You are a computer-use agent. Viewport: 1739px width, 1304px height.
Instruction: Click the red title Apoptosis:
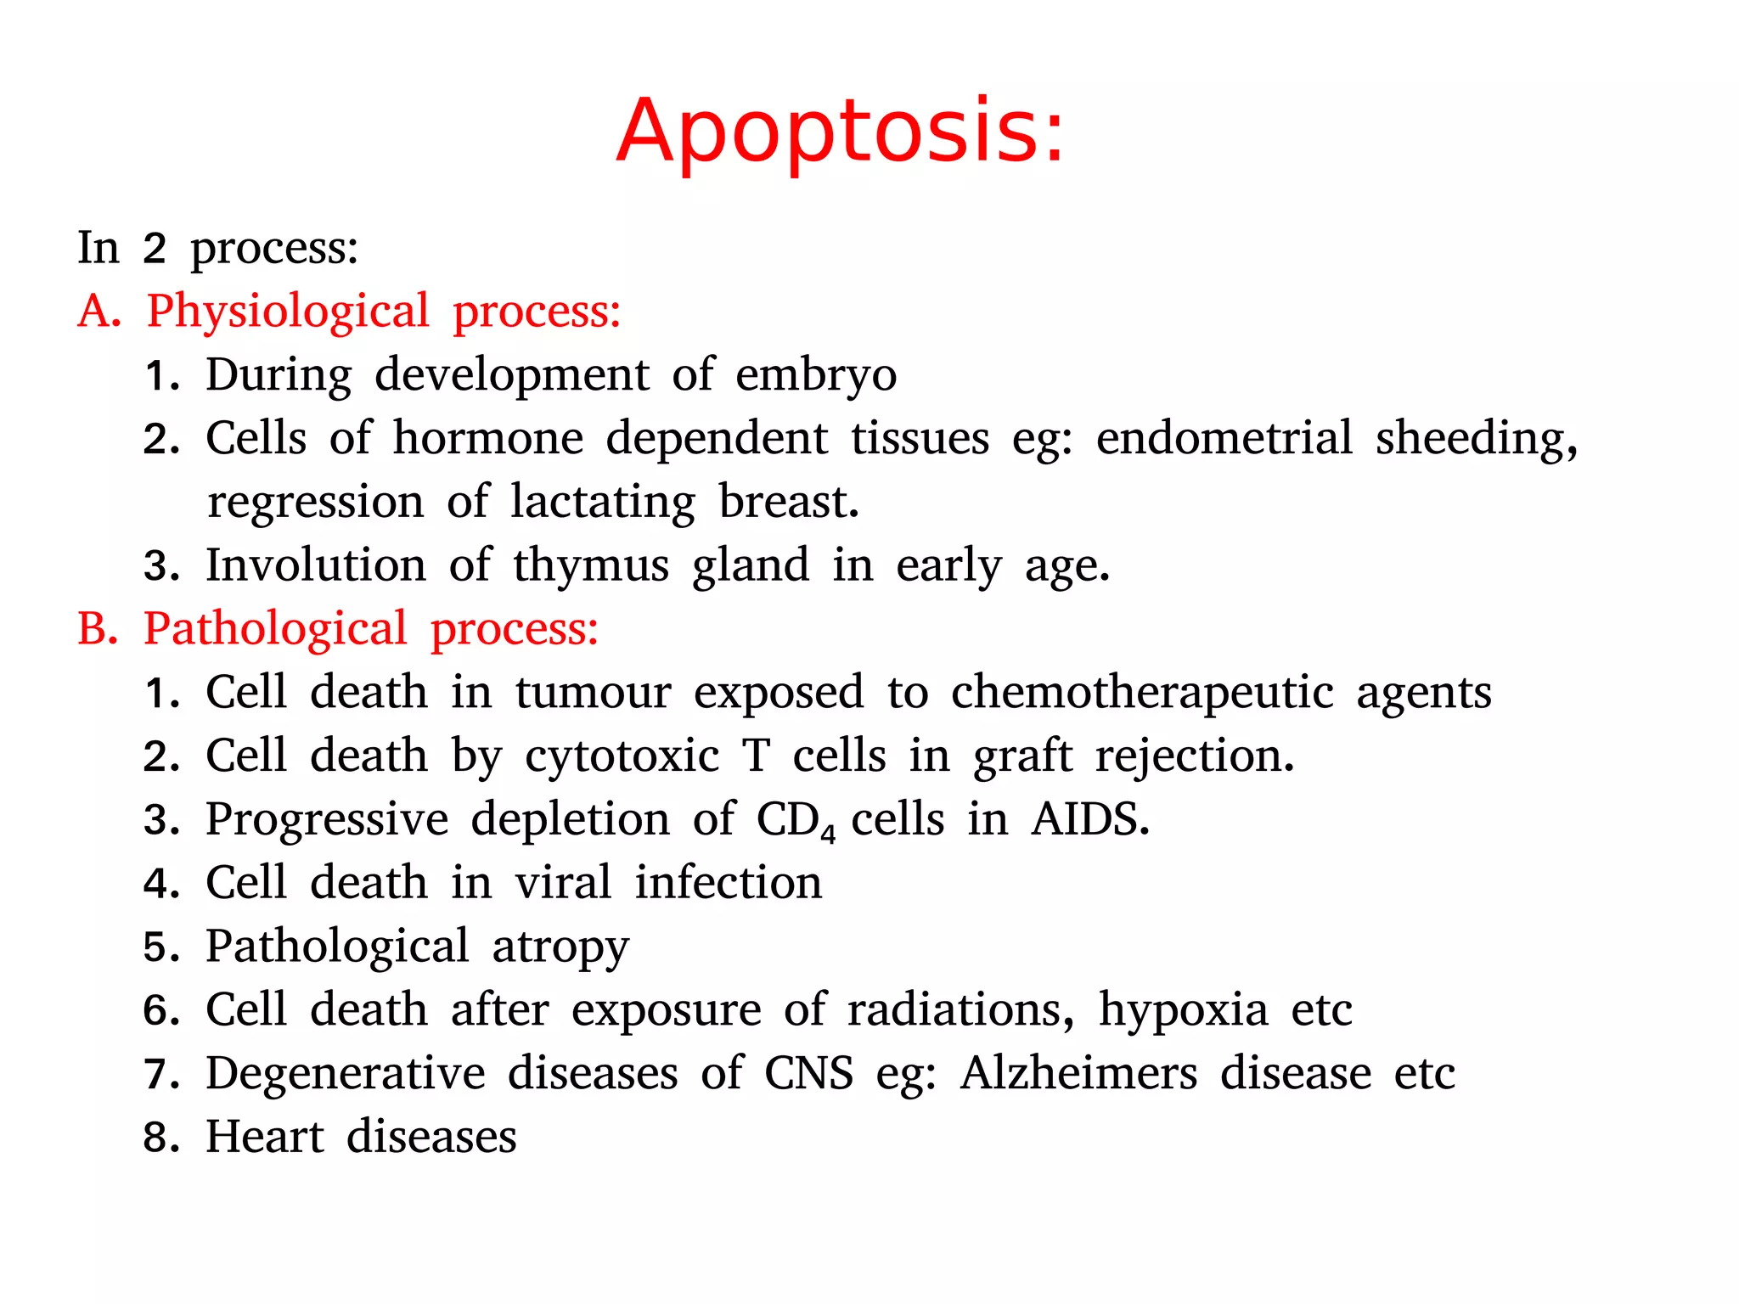[x=840, y=132]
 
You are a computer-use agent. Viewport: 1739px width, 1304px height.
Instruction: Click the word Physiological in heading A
[x=288, y=312]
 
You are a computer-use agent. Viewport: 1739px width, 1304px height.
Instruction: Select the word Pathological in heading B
[x=275, y=629]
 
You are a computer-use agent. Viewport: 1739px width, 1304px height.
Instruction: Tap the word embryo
[x=815, y=375]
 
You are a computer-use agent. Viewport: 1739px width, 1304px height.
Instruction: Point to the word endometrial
[x=1224, y=438]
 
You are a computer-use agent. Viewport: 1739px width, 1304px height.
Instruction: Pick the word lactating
[x=603, y=502]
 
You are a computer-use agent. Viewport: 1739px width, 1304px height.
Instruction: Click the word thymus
[x=590, y=565]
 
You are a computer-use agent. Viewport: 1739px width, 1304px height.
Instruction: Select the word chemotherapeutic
[x=1142, y=693]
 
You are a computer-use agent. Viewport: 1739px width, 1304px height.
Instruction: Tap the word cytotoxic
[x=622, y=756]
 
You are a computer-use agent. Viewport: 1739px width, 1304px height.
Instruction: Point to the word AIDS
[x=1089, y=820]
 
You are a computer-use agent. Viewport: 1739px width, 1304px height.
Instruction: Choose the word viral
[x=563, y=883]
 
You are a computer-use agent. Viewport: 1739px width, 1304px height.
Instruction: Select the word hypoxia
[x=1183, y=1010]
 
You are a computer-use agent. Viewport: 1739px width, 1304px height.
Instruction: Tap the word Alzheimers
[x=1078, y=1073]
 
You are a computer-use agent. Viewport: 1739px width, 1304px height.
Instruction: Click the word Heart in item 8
[x=265, y=1137]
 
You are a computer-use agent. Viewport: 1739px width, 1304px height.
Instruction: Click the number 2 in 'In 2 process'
[x=154, y=249]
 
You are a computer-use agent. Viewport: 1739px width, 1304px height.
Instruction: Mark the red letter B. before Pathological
[x=97, y=629]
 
